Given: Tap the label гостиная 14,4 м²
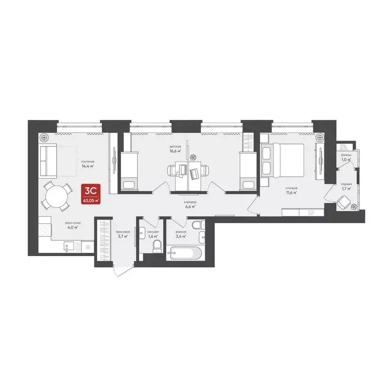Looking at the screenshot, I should [88, 164].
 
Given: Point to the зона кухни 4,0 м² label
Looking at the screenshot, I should [73, 225].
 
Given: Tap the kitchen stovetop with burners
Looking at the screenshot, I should [44, 229].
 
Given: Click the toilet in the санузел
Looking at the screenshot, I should [156, 245].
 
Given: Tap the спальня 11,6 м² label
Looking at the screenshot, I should [290, 190].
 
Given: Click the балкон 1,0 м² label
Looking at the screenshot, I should [346, 157].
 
